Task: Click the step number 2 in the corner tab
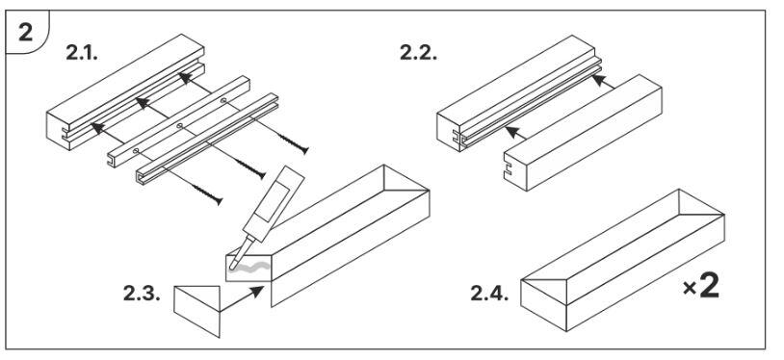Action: [25, 33]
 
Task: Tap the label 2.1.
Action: [82, 53]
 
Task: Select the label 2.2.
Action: [418, 53]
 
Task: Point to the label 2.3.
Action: [142, 293]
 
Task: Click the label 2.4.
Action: [489, 293]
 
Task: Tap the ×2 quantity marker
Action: [701, 287]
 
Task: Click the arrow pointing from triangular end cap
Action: [242, 298]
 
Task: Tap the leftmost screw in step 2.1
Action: [206, 194]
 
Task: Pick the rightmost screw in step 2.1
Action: [293, 143]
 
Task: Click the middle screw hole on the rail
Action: [179, 125]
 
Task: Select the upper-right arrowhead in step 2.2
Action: [599, 81]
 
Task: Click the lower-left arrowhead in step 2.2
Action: [513, 133]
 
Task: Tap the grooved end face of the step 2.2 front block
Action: [514, 169]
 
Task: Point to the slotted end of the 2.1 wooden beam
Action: [59, 131]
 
